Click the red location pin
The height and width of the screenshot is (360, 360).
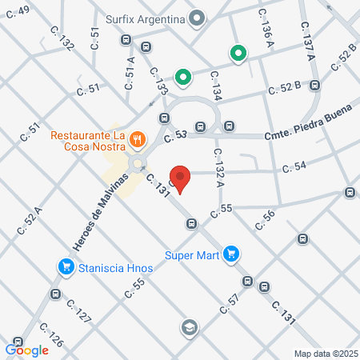tap(181, 180)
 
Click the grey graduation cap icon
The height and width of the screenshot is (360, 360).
tap(189, 326)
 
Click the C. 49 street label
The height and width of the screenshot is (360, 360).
tap(20, 10)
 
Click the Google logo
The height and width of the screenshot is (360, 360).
tap(26, 350)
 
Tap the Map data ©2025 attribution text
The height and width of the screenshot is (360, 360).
tap(326, 354)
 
